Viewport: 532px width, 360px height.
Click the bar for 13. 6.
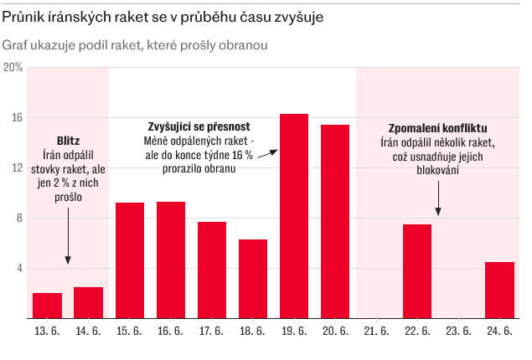point(47,306)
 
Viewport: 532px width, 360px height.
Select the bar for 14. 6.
point(88,303)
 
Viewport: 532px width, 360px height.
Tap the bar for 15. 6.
point(130,260)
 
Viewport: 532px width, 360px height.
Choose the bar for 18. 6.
point(253,279)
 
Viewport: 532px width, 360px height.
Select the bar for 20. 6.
point(335,222)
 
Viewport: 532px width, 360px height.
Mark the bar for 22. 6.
point(417,271)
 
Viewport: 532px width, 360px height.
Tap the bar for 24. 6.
point(499,291)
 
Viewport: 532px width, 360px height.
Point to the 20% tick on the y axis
point(13,67)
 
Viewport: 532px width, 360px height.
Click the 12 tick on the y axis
point(16,168)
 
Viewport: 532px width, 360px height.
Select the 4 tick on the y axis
point(18,269)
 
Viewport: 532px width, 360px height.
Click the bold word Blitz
point(68,141)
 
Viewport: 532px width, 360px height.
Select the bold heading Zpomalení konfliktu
point(437,128)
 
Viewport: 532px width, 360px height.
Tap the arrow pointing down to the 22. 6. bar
point(437,199)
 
